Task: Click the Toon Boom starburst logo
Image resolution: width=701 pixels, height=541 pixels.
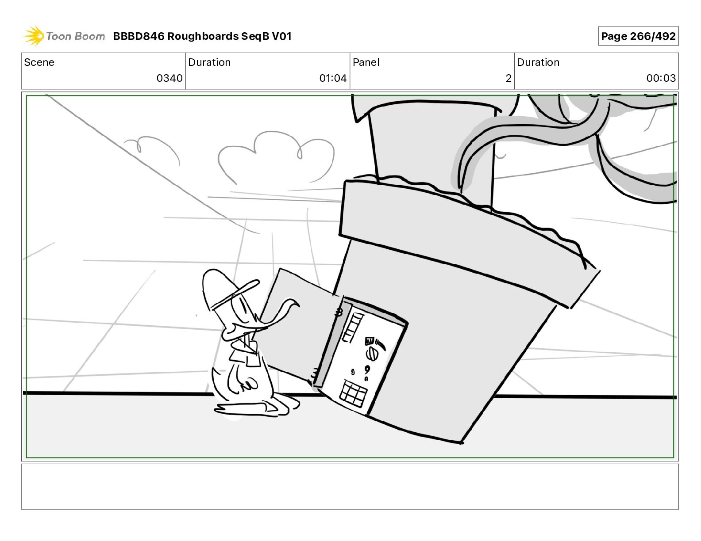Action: [34, 36]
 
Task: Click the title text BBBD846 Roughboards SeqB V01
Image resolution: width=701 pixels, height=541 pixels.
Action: [202, 36]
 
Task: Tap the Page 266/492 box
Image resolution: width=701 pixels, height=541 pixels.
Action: [638, 36]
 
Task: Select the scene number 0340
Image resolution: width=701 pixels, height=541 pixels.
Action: [169, 78]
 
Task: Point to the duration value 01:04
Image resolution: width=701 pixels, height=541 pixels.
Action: [333, 78]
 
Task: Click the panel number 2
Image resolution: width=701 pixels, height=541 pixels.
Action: [508, 78]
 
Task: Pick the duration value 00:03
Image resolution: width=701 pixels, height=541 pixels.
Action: [661, 78]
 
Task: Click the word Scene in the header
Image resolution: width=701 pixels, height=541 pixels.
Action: [39, 62]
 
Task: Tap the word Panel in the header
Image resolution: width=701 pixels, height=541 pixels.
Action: [366, 62]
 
